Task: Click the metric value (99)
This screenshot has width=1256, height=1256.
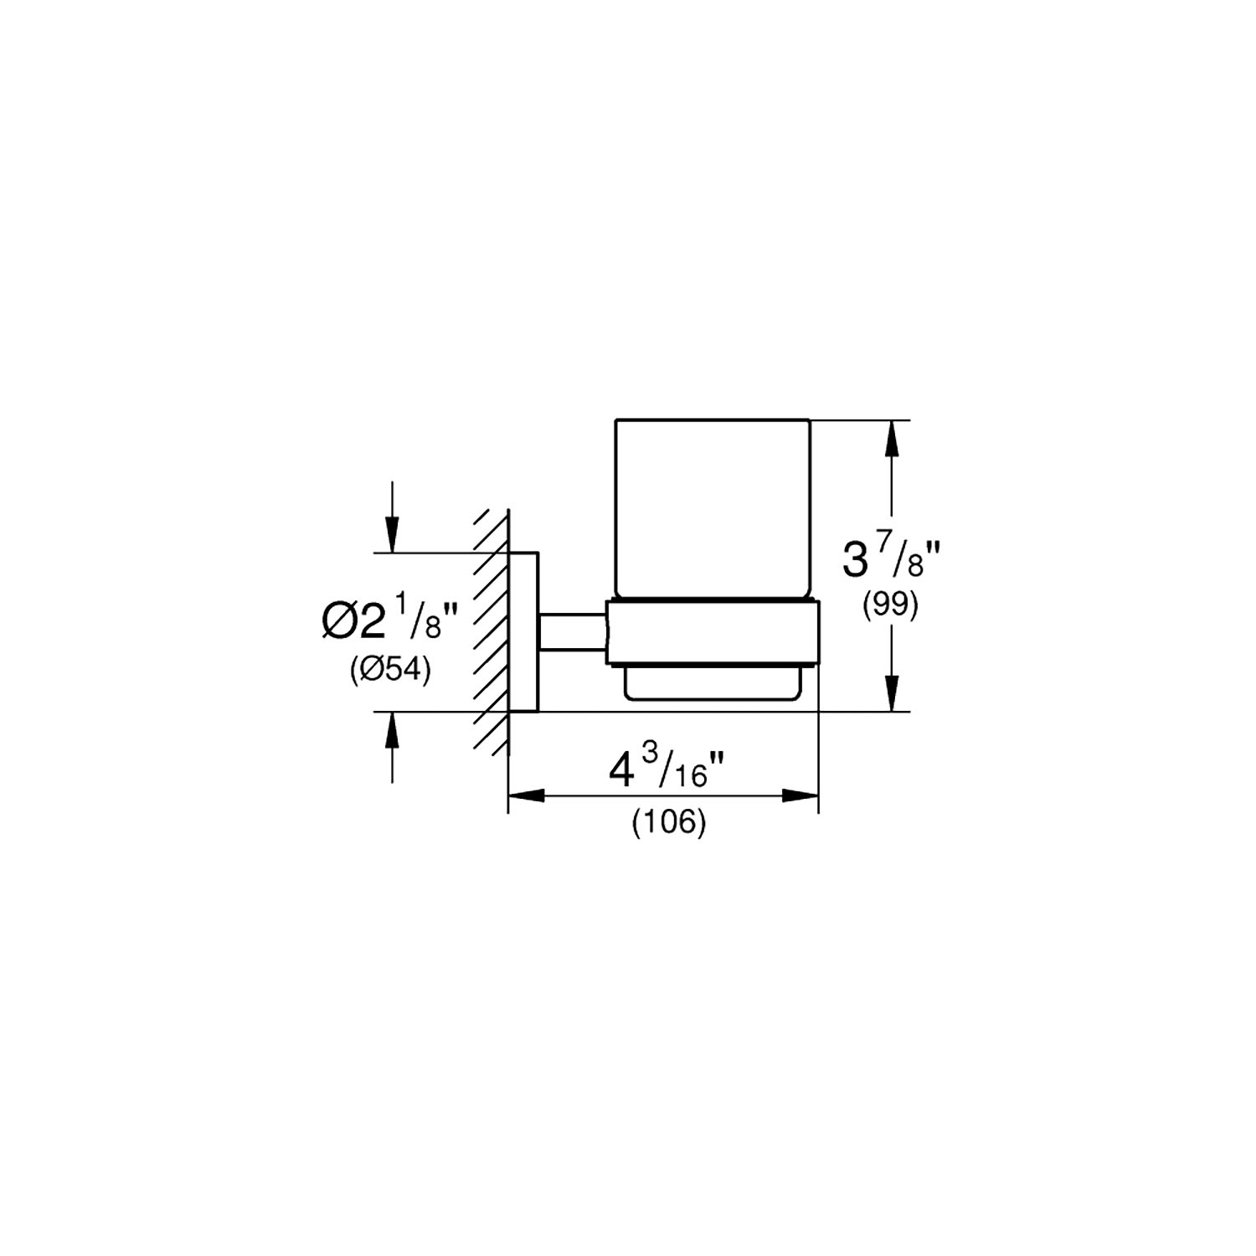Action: point(891,605)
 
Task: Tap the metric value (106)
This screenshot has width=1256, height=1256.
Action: point(669,823)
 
